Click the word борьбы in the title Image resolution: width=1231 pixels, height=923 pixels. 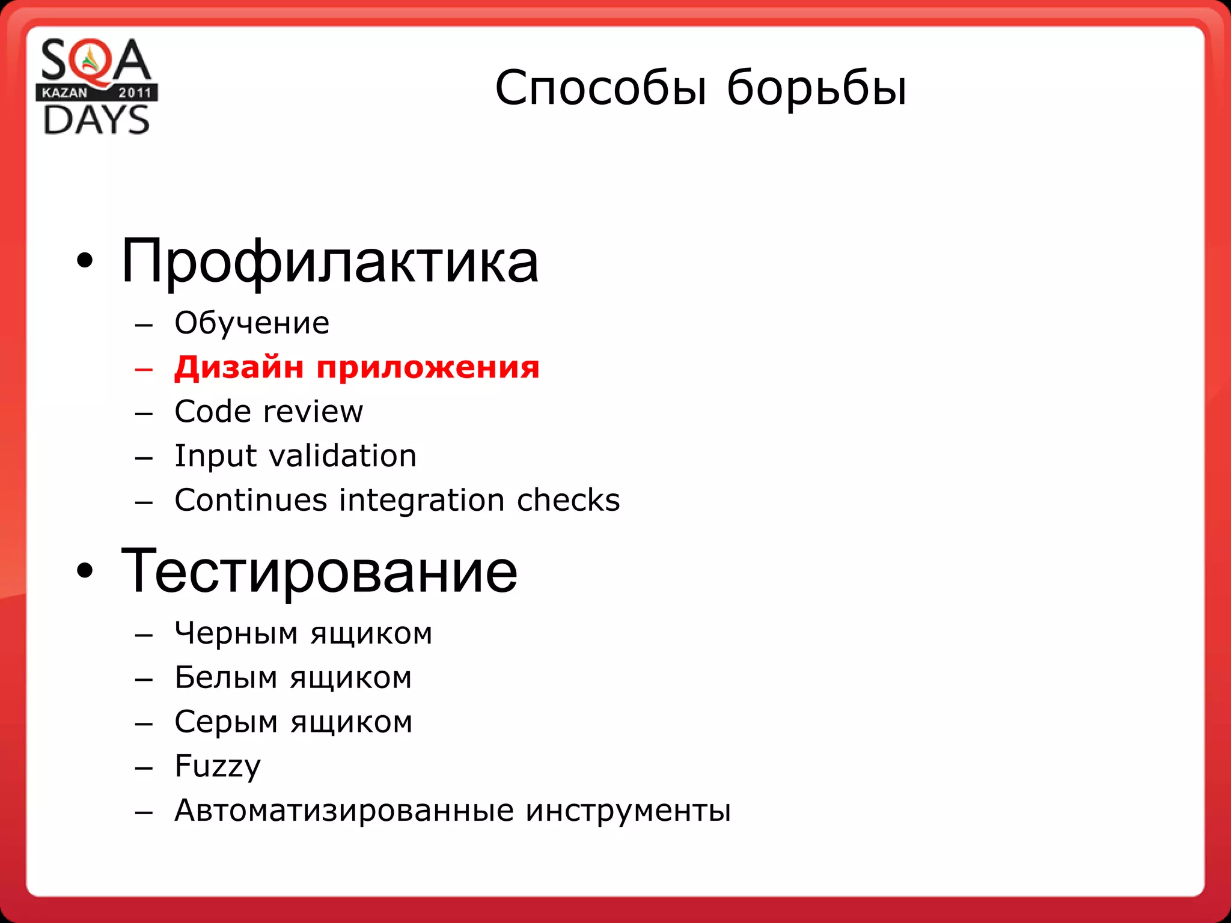[x=816, y=88]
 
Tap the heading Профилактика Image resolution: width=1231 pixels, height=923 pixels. [x=329, y=262]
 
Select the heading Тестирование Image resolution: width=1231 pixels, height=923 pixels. [x=319, y=571]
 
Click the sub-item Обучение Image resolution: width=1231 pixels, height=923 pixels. [x=252, y=323]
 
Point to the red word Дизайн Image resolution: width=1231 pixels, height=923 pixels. [x=239, y=367]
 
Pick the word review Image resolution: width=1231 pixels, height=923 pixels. [x=313, y=412]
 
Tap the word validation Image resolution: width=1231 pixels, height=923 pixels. [x=343, y=456]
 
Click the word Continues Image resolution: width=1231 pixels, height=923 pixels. [x=251, y=500]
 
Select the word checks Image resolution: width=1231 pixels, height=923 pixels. [x=568, y=500]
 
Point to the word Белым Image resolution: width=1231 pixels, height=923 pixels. [x=226, y=678]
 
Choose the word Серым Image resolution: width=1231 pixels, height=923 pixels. [x=227, y=722]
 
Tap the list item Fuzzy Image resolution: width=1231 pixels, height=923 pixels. [x=218, y=767]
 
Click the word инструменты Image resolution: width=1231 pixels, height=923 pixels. [x=628, y=811]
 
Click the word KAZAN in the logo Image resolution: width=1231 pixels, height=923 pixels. [x=64, y=93]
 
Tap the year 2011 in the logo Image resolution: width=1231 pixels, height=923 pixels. [x=135, y=93]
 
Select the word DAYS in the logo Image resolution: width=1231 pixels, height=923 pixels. [x=97, y=120]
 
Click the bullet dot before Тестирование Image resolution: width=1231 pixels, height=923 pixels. [x=85, y=571]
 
